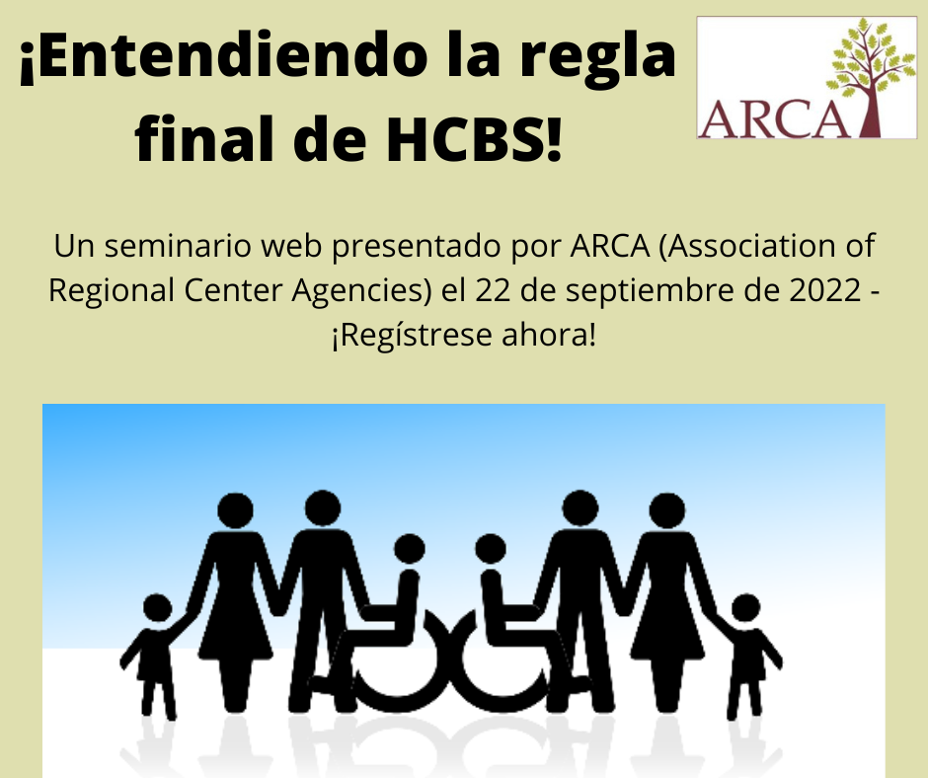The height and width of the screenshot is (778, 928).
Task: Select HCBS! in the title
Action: point(474,138)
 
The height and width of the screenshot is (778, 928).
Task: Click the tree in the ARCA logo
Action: point(866,77)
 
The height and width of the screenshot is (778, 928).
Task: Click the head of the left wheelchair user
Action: point(410,548)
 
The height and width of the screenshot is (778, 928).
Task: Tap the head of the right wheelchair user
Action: point(491,548)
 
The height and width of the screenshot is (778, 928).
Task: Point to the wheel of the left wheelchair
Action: point(394,669)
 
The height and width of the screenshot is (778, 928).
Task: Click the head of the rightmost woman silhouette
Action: point(667,510)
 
